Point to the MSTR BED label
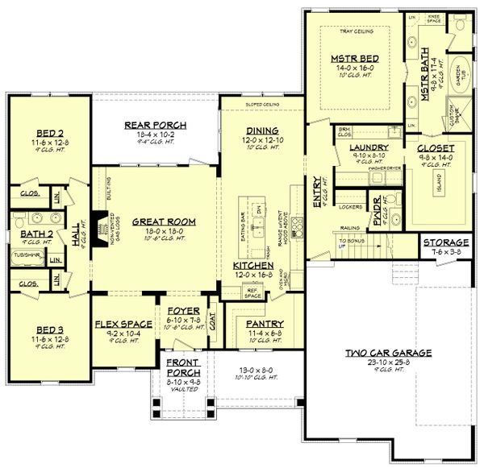coord(352,59)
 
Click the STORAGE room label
coord(445,242)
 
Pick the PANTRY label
coord(263,324)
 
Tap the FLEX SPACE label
coord(119,324)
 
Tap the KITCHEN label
coord(253,265)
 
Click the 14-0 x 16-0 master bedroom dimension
coord(352,70)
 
